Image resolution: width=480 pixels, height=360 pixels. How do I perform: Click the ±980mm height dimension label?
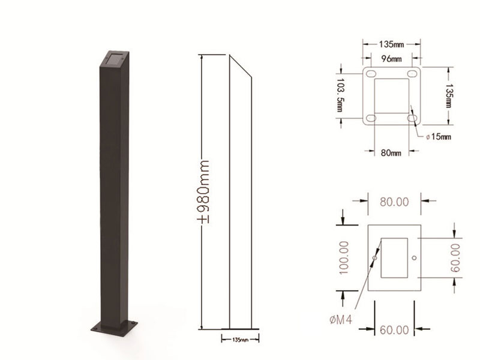[202, 191]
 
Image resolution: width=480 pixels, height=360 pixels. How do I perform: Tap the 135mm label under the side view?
[241, 340]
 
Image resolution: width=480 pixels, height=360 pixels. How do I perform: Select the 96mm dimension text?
[392, 58]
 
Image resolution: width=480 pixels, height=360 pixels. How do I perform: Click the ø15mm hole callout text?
[439, 137]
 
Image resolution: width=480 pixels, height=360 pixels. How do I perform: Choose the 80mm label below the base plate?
[391, 152]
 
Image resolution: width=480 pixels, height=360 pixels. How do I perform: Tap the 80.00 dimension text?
[394, 202]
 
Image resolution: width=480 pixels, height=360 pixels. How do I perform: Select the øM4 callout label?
[341, 320]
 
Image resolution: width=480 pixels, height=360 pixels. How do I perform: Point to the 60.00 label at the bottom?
[394, 330]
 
